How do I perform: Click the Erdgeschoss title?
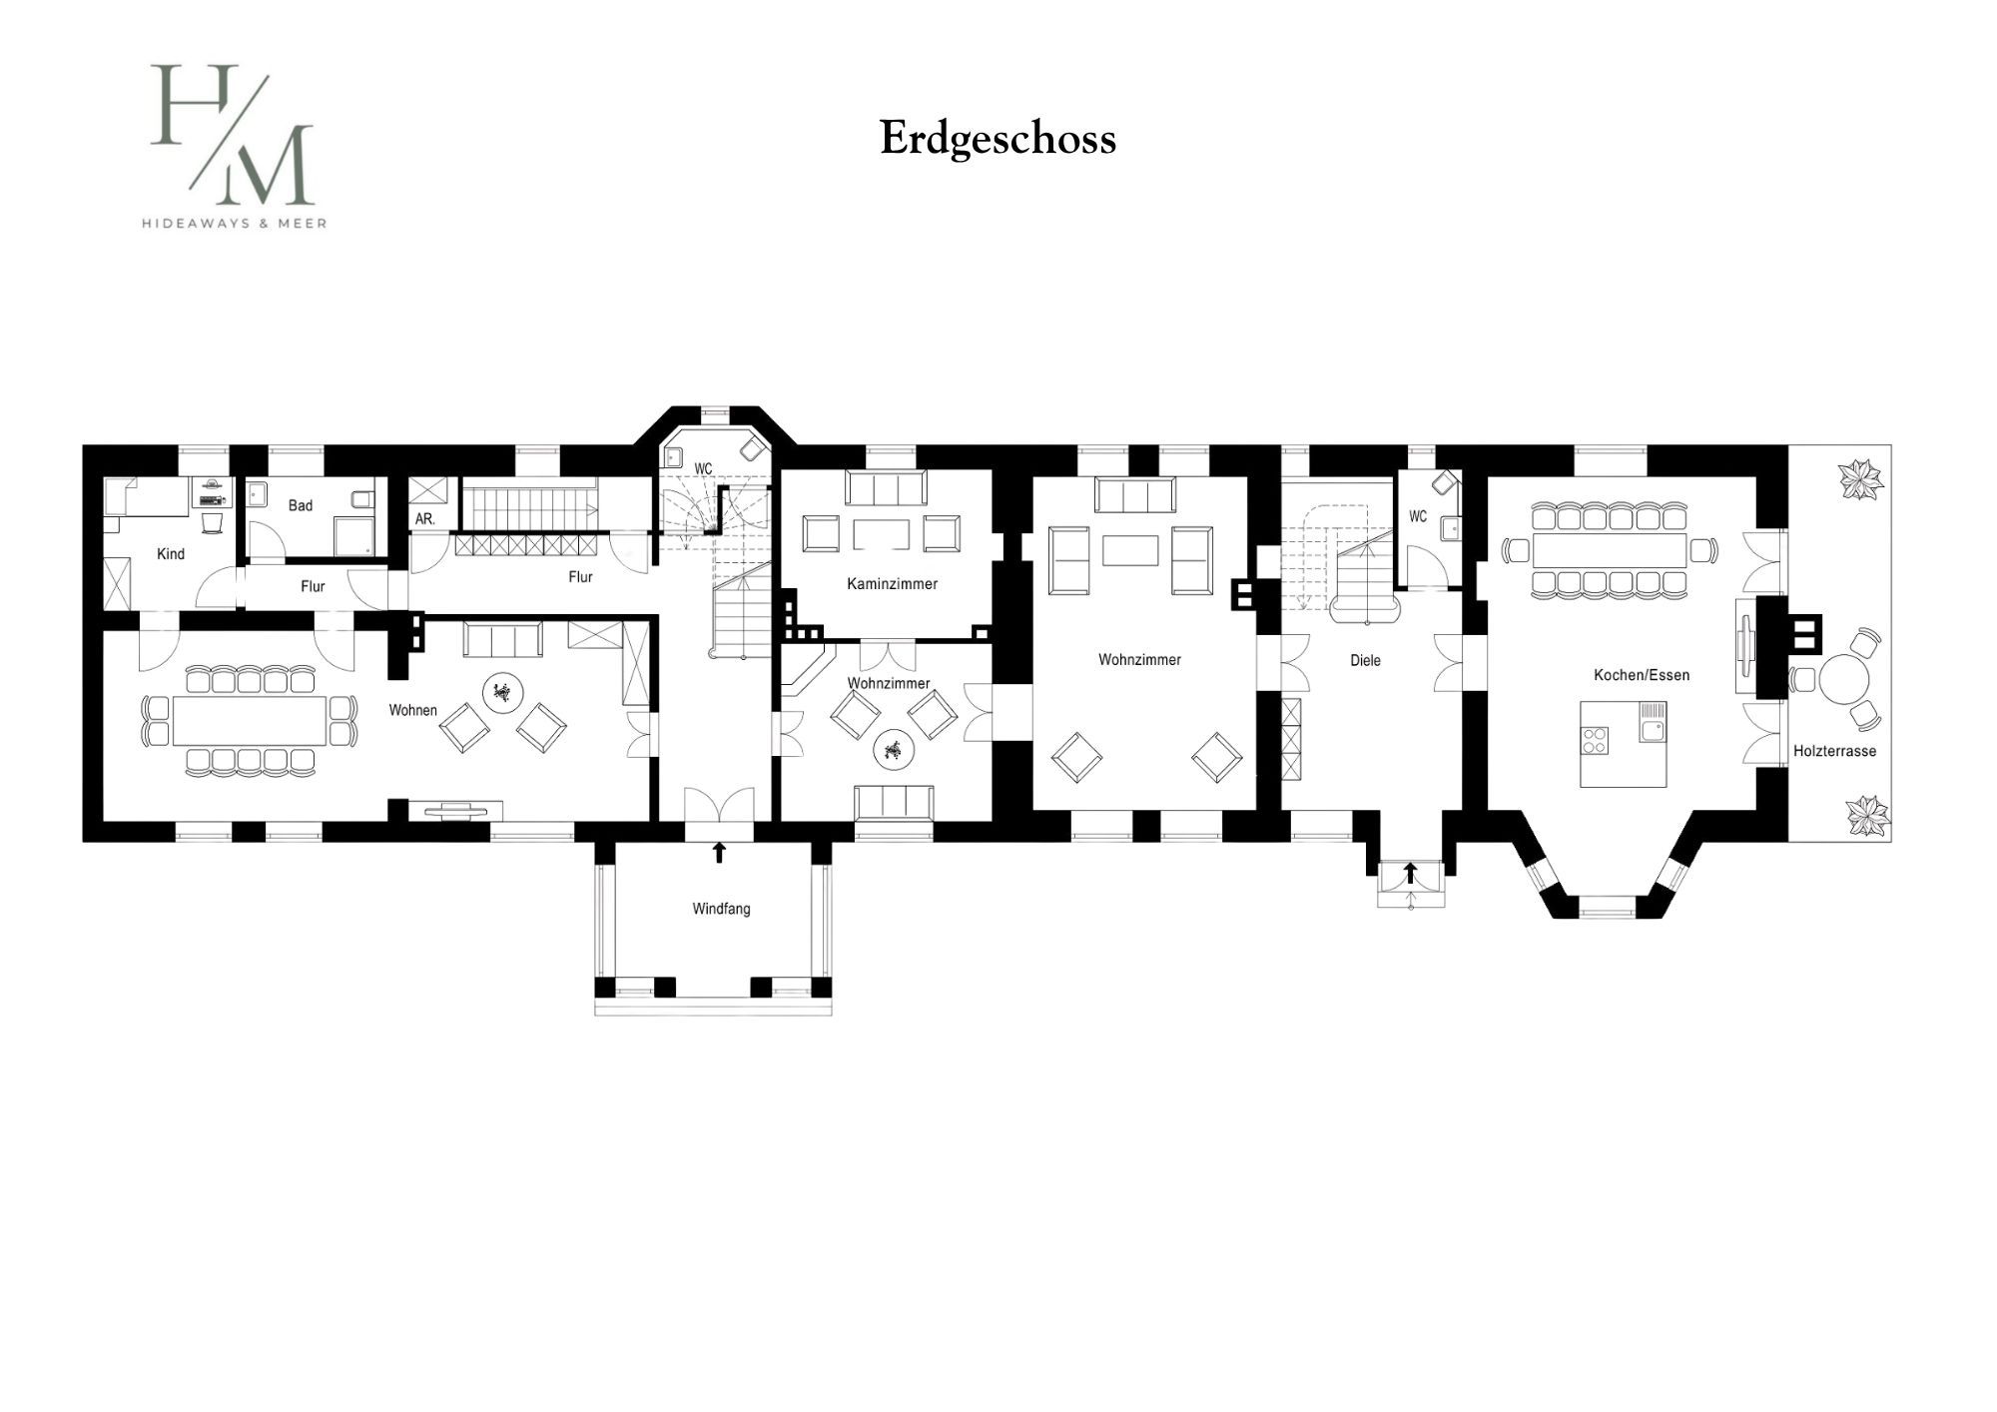[x=998, y=139]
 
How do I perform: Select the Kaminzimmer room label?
[x=892, y=584]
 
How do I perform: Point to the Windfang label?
[x=721, y=910]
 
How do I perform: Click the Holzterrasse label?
[x=1834, y=751]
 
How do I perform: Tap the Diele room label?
[x=1365, y=660]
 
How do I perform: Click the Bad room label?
[x=301, y=505]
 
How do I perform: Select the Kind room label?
[x=171, y=554]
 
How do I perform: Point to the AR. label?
[x=425, y=519]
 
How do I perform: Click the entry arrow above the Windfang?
[x=718, y=852]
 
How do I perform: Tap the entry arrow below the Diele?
[x=1410, y=874]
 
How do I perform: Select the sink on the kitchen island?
[x=1652, y=721]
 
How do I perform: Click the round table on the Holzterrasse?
[x=1843, y=680]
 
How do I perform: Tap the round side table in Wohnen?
[x=501, y=691]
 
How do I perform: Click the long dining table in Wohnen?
[x=250, y=720]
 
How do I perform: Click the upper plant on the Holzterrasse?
[x=1862, y=478]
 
